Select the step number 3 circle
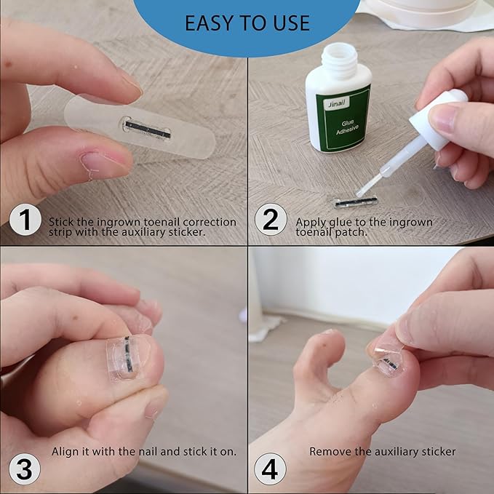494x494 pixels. [24, 469]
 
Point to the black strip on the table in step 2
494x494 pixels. [356, 202]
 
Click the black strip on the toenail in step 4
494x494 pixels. [391, 364]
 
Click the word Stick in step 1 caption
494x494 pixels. [61, 221]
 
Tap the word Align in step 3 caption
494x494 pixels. [65, 451]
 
